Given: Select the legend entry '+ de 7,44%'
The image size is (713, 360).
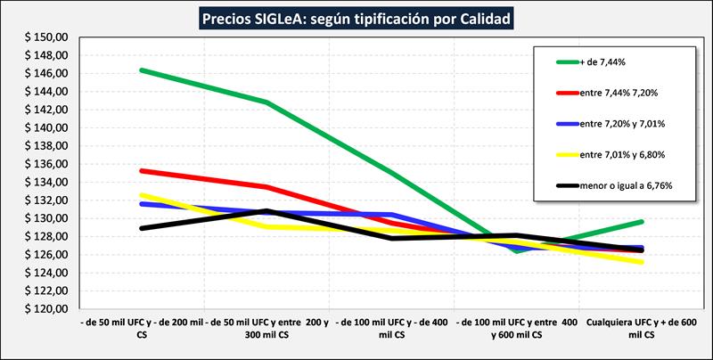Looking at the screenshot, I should pos(601,62).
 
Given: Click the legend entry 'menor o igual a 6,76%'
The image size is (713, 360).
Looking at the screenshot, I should pos(626,185).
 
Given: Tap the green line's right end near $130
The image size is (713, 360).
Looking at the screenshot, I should pos(642,221).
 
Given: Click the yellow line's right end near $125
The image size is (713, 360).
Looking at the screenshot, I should pos(642,262).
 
